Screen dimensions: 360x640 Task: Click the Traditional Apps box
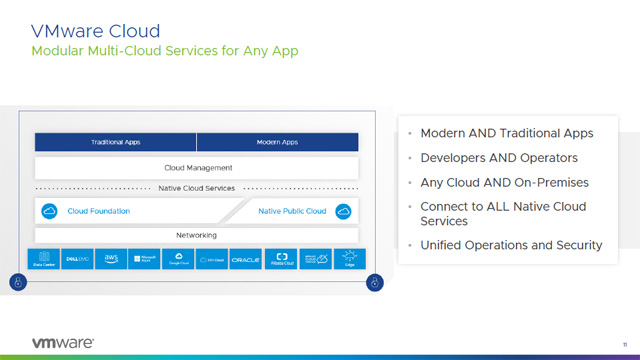(115, 142)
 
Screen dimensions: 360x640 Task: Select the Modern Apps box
(277, 142)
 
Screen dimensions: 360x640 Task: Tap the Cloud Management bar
(197, 168)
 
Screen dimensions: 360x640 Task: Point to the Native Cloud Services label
(197, 188)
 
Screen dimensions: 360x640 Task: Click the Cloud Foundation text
(98, 211)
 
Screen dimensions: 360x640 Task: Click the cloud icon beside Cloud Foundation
(47, 211)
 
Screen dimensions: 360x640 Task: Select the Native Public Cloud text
(292, 211)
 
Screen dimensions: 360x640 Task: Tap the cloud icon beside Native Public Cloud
(345, 211)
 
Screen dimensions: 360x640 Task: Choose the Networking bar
(197, 235)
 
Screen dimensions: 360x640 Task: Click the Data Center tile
(44, 259)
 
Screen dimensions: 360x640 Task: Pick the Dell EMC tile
(78, 259)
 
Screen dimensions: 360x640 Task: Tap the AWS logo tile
(111, 259)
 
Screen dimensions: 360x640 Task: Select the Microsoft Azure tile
(145, 259)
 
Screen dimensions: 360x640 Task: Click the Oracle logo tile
(246, 259)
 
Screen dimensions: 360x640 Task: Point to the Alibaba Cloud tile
(281, 259)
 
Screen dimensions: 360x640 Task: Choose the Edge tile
(349, 259)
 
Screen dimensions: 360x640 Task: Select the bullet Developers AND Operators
(485, 158)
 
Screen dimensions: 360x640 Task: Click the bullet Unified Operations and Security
(511, 245)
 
